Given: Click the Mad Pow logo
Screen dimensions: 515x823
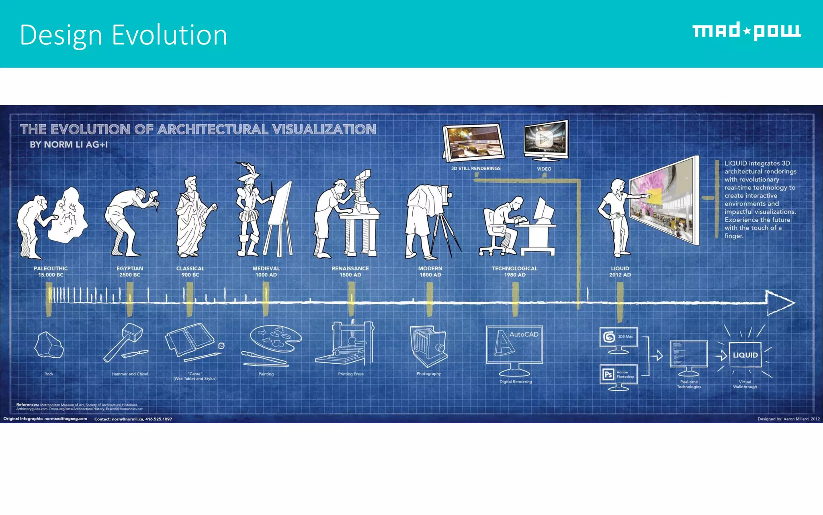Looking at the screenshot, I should pyautogui.click(x=746, y=31).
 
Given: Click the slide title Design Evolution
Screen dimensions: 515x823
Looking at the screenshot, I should pyautogui.click(x=123, y=35).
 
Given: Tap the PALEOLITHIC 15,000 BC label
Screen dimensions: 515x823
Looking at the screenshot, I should pyautogui.click(x=51, y=272).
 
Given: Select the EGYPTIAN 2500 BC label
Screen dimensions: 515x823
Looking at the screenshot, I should pyautogui.click(x=130, y=272).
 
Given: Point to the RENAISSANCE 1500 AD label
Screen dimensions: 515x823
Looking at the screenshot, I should pyautogui.click(x=350, y=272).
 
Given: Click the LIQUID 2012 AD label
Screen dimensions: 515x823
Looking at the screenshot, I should pyautogui.click(x=620, y=272).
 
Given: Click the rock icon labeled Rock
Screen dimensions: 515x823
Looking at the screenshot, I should pyautogui.click(x=49, y=345).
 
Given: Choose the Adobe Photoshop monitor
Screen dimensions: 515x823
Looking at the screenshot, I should pyautogui.click(x=618, y=375).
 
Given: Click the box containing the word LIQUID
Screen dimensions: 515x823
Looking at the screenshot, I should pyautogui.click(x=745, y=355).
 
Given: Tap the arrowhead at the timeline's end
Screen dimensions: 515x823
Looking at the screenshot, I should pyautogui.click(x=779, y=303).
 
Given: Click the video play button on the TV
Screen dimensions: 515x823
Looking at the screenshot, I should pyautogui.click(x=545, y=139).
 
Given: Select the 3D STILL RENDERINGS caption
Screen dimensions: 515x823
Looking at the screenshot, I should pyautogui.click(x=475, y=169).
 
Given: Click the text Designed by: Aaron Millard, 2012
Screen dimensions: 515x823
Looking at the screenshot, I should pyautogui.click(x=788, y=419).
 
